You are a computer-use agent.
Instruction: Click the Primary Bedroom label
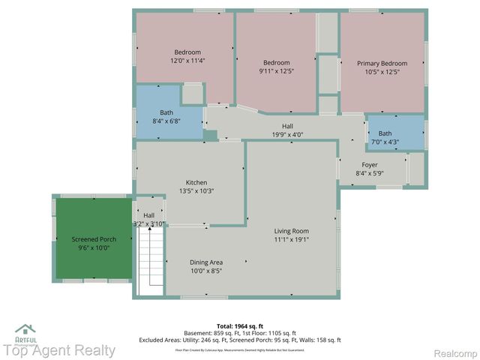click(x=382, y=64)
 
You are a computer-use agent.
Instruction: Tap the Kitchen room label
click(x=196, y=182)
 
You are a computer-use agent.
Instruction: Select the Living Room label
click(x=291, y=231)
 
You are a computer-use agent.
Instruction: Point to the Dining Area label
click(x=205, y=262)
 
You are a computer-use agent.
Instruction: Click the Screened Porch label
click(x=94, y=239)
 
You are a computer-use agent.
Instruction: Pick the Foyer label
click(x=370, y=165)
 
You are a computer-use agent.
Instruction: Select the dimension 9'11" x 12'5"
click(x=276, y=71)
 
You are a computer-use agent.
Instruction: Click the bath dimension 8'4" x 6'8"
click(x=166, y=121)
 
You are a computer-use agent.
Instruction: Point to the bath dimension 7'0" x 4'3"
click(x=384, y=142)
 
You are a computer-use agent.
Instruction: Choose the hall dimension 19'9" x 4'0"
click(x=287, y=135)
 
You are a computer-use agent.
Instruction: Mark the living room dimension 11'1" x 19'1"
click(x=291, y=240)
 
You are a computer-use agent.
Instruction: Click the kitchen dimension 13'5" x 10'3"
click(x=196, y=191)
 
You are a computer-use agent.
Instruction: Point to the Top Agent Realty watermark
click(x=58, y=350)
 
